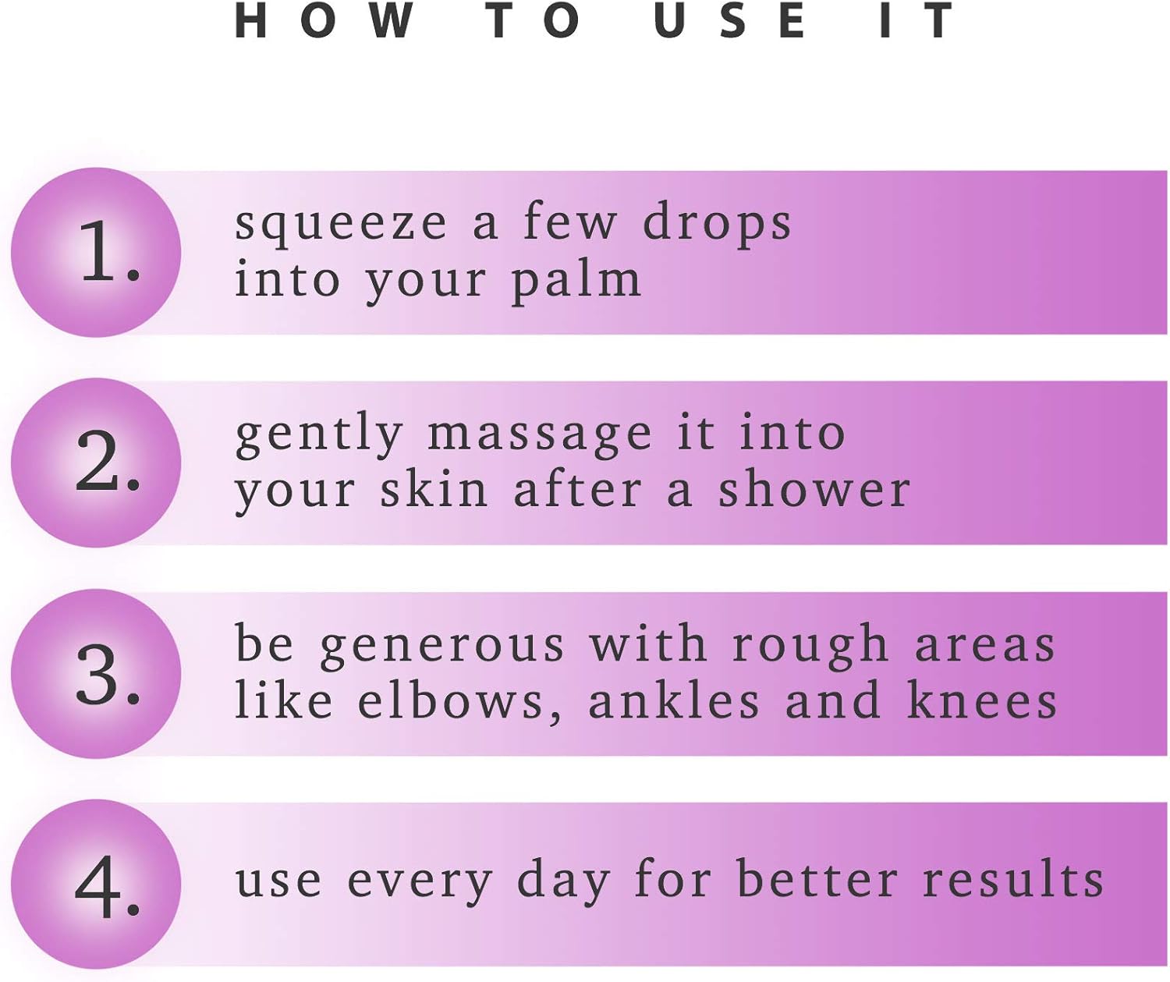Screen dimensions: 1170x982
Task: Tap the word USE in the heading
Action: (x=730, y=21)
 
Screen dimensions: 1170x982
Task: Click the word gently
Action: (x=319, y=436)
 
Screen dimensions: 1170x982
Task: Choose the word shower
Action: (x=814, y=489)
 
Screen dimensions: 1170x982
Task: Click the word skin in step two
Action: (x=434, y=489)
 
